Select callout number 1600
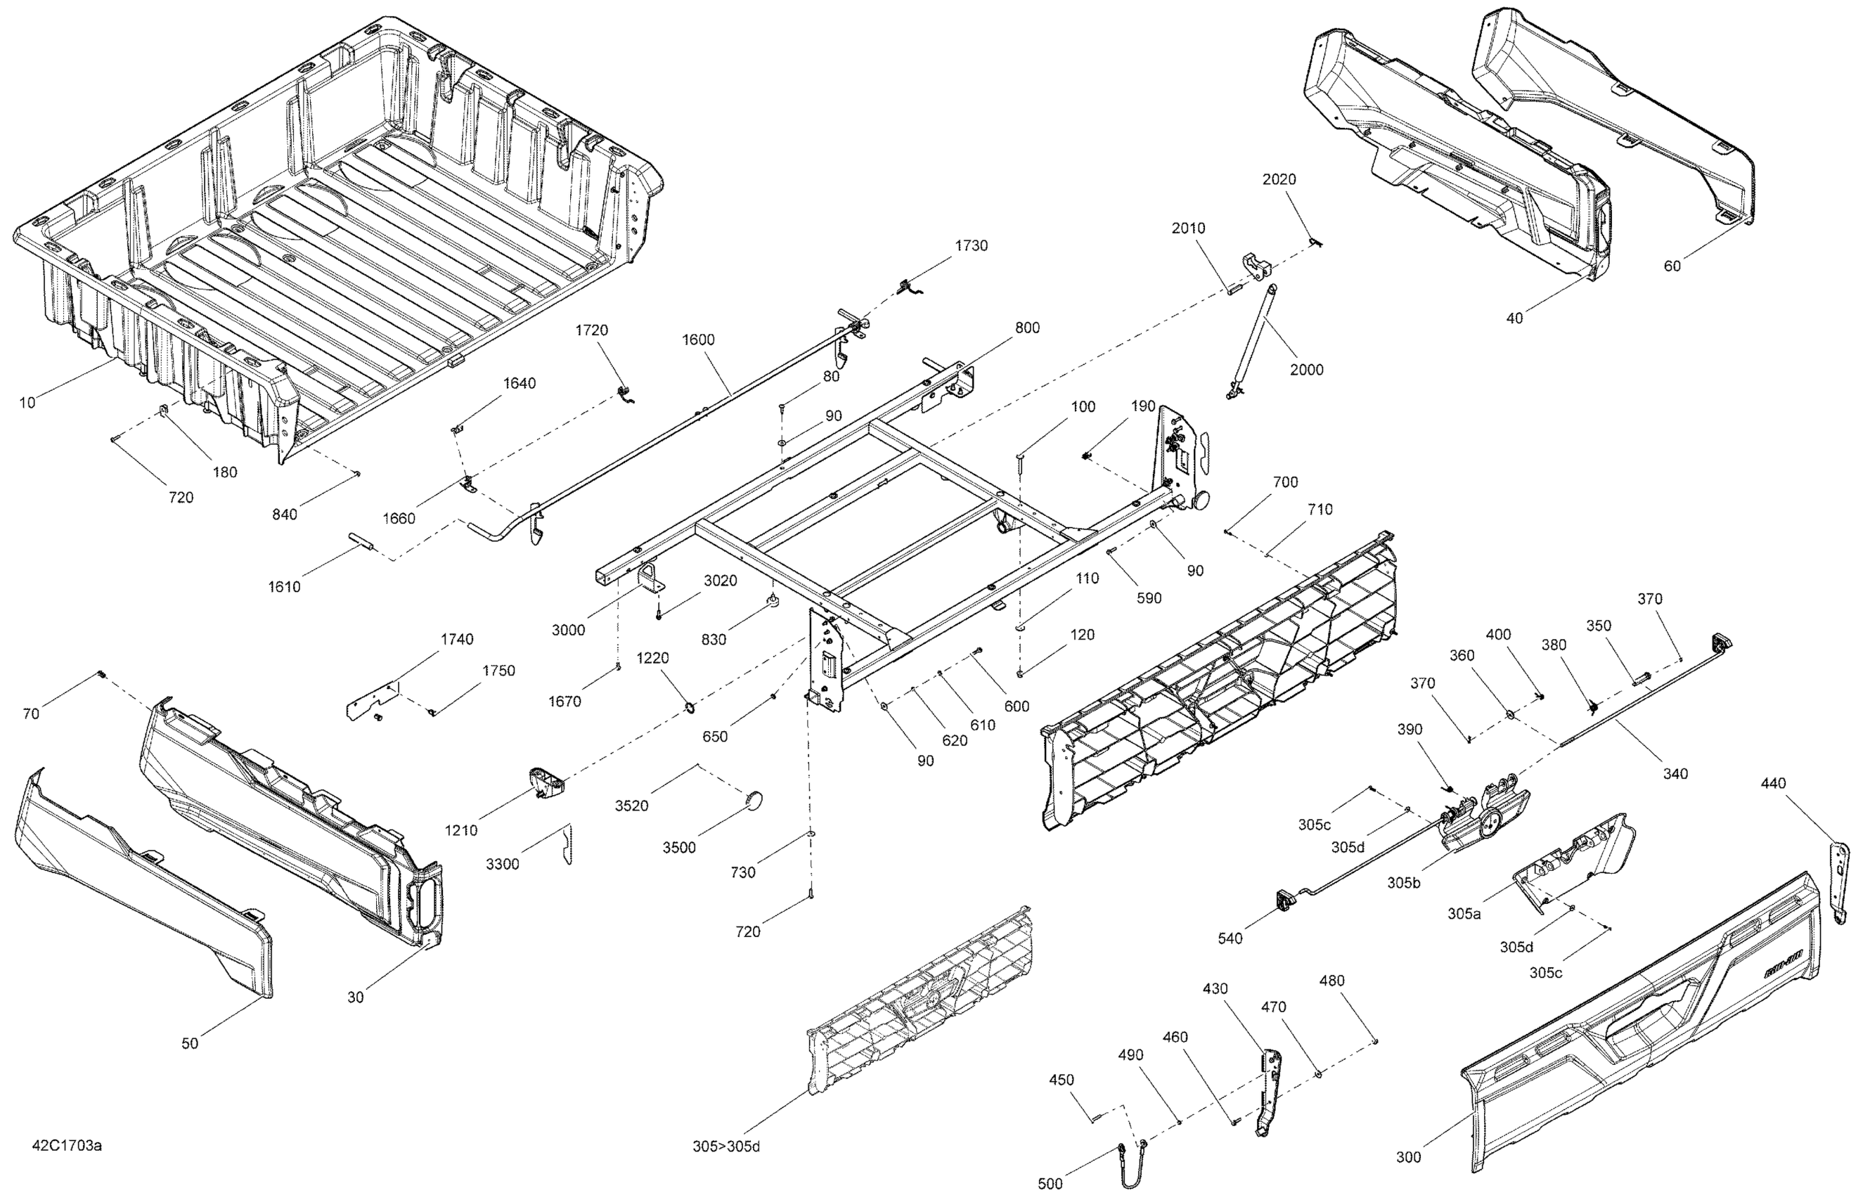pyautogui.click(x=699, y=340)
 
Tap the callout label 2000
pyautogui.click(x=1306, y=370)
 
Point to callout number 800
pyautogui.click(x=1027, y=328)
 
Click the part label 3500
pyautogui.click(x=679, y=848)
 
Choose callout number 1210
pyautogui.click(x=461, y=831)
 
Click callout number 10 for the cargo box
pyautogui.click(x=27, y=403)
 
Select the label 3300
pyautogui.click(x=502, y=865)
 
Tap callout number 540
pyautogui.click(x=1230, y=939)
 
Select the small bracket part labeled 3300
pyautogui.click(x=567, y=844)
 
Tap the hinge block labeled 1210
pyautogui.click(x=546, y=782)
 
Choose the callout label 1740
pyautogui.click(x=456, y=640)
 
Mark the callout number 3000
pyautogui.click(x=568, y=630)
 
